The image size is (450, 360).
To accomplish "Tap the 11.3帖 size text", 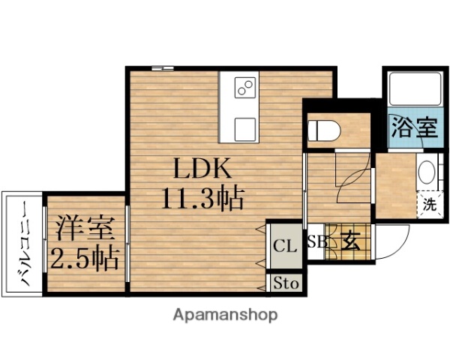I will click(x=201, y=198).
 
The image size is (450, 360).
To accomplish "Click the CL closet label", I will click(x=284, y=245).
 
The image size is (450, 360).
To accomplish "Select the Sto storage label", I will click(x=285, y=283).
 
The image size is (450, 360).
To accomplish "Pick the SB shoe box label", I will click(x=316, y=241).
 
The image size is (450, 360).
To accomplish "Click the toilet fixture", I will click(x=325, y=130).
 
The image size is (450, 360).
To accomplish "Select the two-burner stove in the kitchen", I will click(x=245, y=89).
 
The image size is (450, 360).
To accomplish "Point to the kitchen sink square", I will click(x=245, y=127).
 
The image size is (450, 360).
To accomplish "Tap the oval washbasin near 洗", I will click(x=426, y=175).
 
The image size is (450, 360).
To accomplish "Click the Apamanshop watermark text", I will click(x=225, y=314).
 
